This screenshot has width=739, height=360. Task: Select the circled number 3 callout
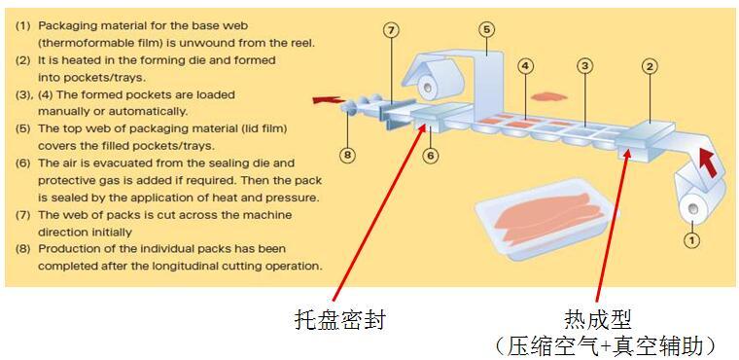[584, 66]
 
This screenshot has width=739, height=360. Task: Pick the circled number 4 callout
[525, 66]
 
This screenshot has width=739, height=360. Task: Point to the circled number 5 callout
[486, 29]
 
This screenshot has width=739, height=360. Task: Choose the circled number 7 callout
[391, 29]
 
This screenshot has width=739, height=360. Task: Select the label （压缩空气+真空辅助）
[605, 344]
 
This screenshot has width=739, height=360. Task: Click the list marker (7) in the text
[23, 215]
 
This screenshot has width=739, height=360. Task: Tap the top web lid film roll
[429, 88]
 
